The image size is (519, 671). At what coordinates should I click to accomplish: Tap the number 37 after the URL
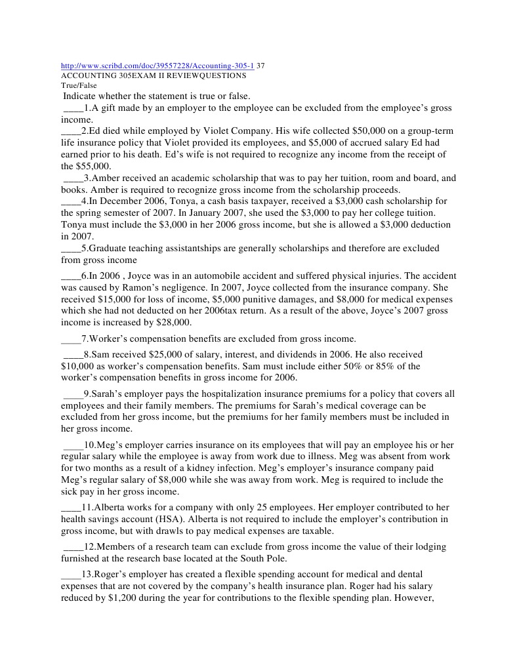260,66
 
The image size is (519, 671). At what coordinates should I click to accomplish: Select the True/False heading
78,85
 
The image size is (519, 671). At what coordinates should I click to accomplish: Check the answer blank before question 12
73,547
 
